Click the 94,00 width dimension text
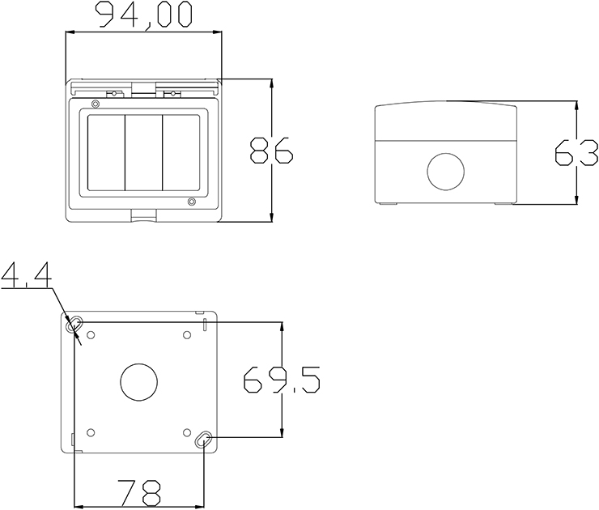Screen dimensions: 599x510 pos(143,15)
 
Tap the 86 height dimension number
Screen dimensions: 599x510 pos(271,151)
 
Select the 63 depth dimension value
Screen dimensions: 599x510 pos(576,153)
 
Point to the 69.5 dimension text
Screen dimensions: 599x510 pos(282,380)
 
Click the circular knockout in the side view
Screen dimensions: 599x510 pos(446,172)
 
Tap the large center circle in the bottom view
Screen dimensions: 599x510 pos(139,382)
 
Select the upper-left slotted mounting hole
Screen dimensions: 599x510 pos(74,325)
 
